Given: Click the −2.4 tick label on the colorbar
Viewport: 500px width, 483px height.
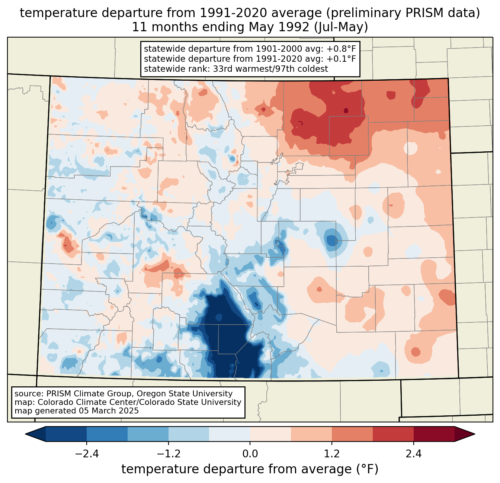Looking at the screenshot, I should [87, 454].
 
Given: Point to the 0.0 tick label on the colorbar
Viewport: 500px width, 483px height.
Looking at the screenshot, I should [250, 454].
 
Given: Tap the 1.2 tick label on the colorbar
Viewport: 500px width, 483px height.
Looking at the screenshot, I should [332, 454].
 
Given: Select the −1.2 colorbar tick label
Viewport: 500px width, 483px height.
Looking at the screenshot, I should [169, 454].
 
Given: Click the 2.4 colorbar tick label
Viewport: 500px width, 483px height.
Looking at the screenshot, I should [414, 454].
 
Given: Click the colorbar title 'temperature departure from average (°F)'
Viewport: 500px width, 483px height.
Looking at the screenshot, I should [250, 469].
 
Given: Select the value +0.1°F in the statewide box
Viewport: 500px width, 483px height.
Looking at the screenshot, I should [341, 59].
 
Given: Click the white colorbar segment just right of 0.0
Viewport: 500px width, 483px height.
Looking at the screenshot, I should [270, 434].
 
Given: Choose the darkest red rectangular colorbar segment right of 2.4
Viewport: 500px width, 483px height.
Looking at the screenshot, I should [434, 434].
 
